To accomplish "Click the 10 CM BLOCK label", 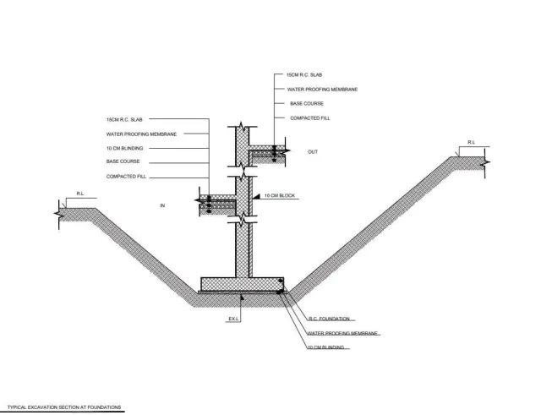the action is pos(280,195).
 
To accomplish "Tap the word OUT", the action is pos(313,152).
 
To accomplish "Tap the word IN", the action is pos(162,205).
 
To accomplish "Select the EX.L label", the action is pos(233,319).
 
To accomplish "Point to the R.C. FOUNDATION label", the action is pos(329,319).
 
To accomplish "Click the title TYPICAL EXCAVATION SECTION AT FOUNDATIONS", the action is pos(64,407).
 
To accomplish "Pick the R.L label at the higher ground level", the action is pos(472,143).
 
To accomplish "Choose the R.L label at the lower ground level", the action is pos(80,194).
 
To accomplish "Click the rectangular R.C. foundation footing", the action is pos(243,284).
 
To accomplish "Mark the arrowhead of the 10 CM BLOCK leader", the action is pos(255,197).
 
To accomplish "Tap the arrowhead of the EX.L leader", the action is pos(242,297).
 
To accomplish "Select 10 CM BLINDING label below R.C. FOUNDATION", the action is pos(325,347).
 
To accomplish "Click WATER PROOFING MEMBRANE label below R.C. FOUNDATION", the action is pos(342,333).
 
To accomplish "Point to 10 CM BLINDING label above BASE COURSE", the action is pos(124,149).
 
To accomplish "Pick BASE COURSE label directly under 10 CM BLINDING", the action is pos(123,161).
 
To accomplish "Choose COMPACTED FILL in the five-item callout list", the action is pos(126,177).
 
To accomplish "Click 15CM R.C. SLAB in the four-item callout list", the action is pos(304,75).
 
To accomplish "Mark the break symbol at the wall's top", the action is pos(243,127).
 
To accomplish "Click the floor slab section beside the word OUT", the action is pos(268,154).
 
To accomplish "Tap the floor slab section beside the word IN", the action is pos(218,205).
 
